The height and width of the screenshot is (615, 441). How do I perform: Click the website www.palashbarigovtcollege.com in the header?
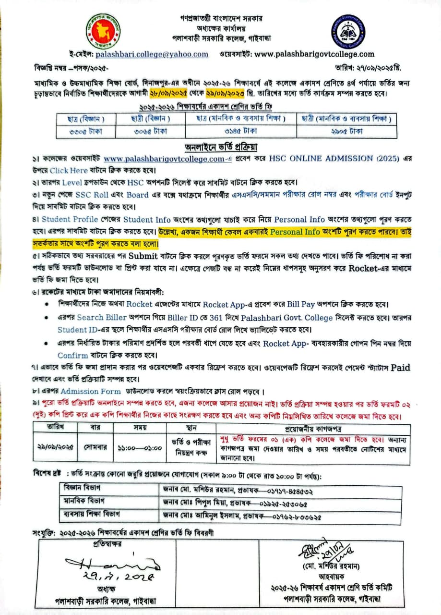[314, 54]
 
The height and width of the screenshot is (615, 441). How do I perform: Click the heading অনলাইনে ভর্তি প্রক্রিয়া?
[221, 147]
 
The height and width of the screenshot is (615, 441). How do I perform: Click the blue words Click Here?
[69, 170]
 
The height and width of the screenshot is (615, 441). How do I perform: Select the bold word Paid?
[401, 368]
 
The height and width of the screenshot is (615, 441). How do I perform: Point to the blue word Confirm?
[72, 356]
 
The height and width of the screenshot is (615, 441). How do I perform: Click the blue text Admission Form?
[87, 391]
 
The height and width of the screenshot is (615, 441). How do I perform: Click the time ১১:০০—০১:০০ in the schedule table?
[139, 446]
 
